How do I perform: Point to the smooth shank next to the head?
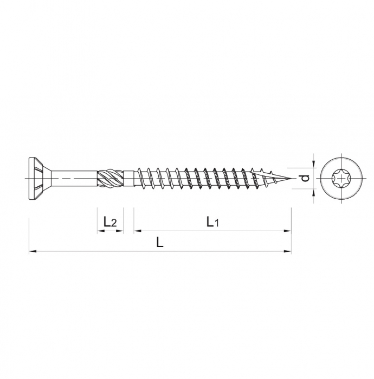73,177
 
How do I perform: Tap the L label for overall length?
160,243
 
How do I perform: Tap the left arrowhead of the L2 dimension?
100,231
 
